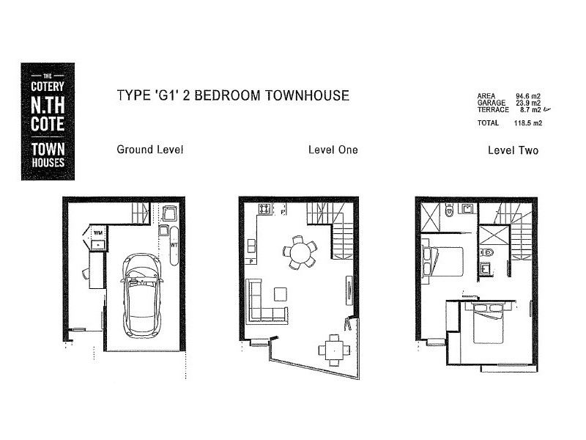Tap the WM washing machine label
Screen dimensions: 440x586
(97, 233)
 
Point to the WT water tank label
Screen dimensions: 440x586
(174, 245)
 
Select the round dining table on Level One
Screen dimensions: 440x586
(299, 252)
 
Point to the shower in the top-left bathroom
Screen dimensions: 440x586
(432, 215)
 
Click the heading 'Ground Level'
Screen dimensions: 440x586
(149, 150)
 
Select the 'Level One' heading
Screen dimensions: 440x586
(333, 150)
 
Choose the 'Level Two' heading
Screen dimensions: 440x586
(513, 150)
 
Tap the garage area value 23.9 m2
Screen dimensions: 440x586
(528, 103)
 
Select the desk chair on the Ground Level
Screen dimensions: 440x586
(86, 274)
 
